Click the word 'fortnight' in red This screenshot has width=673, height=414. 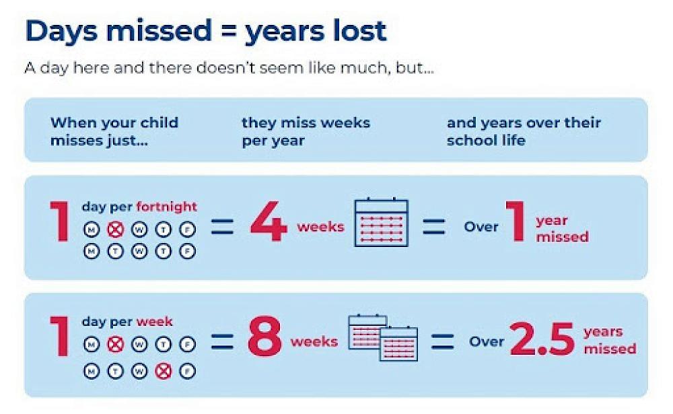pyautogui.click(x=166, y=207)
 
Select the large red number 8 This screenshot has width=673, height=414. pyautogui.click(x=264, y=339)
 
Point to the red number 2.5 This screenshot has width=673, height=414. pyautogui.click(x=542, y=339)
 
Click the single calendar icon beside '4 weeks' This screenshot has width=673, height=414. pyautogui.click(x=381, y=222)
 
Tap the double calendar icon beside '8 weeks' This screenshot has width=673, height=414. pyautogui.click(x=382, y=337)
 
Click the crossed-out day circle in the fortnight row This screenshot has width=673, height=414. pyautogui.click(x=115, y=230)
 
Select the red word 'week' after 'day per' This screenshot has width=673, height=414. pyautogui.click(x=155, y=322)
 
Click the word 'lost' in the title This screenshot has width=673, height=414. pyautogui.click(x=359, y=31)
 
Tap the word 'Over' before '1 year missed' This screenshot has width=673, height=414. pyautogui.click(x=481, y=226)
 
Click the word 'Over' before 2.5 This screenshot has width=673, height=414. pyautogui.click(x=487, y=341)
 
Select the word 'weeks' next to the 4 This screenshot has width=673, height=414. pyautogui.click(x=320, y=226)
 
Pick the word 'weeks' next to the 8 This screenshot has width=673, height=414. pyautogui.click(x=314, y=341)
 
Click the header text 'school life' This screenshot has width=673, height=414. pyautogui.click(x=486, y=141)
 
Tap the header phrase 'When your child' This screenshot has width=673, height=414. pyautogui.click(x=114, y=123)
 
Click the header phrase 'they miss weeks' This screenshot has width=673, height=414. pyautogui.click(x=306, y=123)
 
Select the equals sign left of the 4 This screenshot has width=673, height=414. pyautogui.click(x=222, y=226)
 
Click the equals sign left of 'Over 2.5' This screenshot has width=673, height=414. pyautogui.click(x=442, y=341)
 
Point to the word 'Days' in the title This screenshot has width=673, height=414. pyautogui.click(x=61, y=31)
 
